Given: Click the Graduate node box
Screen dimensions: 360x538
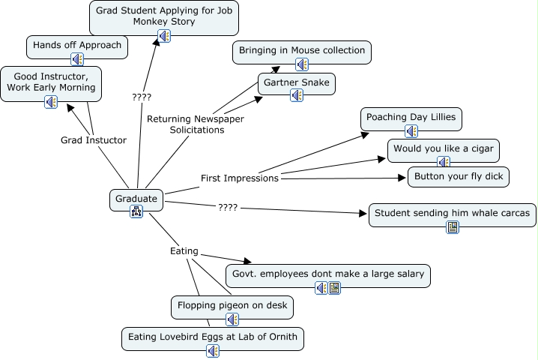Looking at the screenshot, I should tap(136, 199).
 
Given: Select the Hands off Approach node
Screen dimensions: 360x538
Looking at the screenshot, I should tap(77, 46).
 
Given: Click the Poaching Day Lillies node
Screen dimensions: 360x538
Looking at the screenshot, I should tap(411, 118).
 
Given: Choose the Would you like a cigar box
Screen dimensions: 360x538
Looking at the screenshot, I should tap(443, 148).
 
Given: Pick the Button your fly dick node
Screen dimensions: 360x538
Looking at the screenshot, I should tap(459, 177).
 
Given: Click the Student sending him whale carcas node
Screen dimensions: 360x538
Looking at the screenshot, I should tap(453, 214).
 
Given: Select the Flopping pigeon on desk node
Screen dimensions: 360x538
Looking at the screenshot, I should tap(232, 306).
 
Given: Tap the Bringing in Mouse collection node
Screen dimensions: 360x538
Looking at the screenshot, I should tap(302, 51).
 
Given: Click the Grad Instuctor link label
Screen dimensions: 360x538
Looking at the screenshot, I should tap(94, 139).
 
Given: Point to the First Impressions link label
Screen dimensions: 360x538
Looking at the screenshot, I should tap(240, 178).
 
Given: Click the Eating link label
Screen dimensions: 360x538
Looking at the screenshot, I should tap(184, 250).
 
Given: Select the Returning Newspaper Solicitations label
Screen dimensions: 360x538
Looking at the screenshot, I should tap(196, 124).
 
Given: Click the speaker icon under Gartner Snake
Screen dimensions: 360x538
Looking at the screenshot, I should tap(296, 95).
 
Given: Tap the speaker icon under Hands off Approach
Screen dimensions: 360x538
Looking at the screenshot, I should tap(76, 59).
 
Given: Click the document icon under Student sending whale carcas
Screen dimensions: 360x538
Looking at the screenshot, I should tap(453, 227).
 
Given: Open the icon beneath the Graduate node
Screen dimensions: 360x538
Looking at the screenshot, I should tap(136, 211).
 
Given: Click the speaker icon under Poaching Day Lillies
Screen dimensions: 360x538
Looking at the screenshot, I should tap(411, 131).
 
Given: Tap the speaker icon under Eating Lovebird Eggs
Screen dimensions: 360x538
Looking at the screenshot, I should tap(214, 350).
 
